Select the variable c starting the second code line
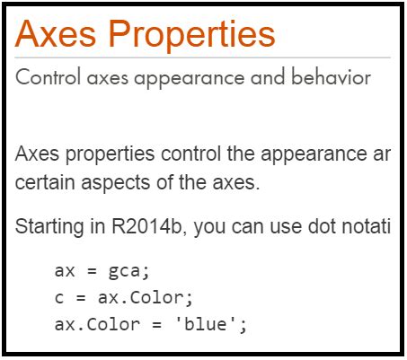58,297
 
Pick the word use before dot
290,227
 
